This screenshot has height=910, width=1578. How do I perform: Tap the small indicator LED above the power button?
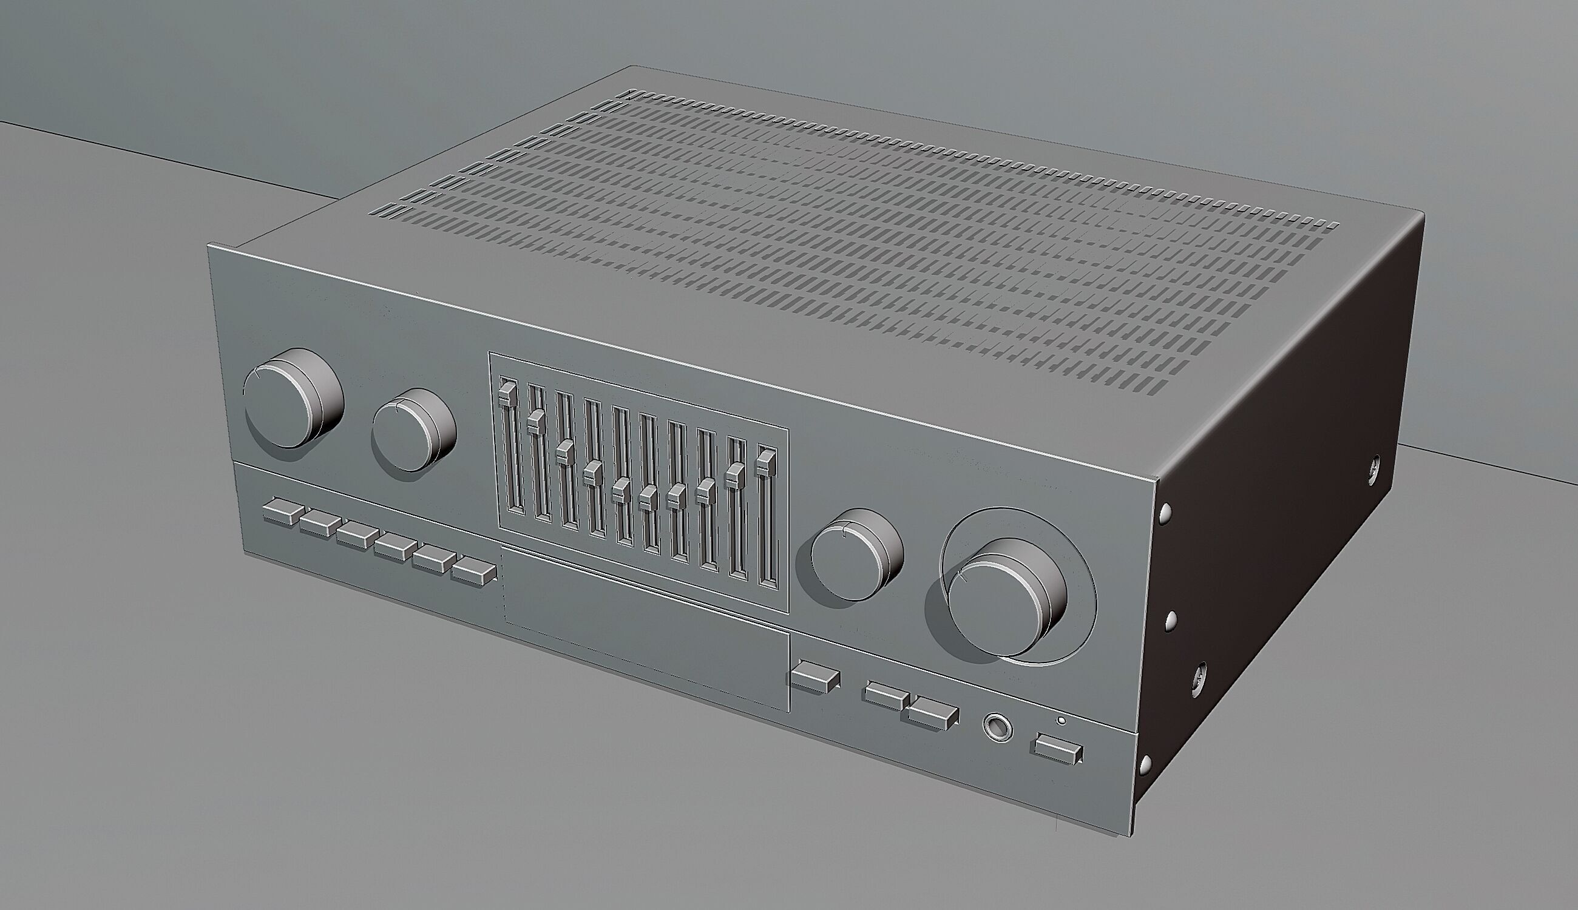[1060, 721]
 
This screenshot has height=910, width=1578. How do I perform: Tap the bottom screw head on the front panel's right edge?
[1145, 763]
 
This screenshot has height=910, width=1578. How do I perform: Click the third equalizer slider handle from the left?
[564, 451]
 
